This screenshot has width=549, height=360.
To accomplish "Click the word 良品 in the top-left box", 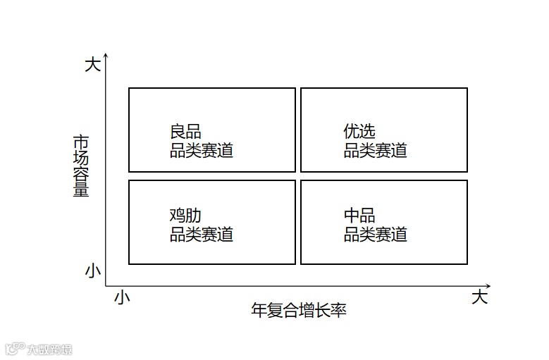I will pos(185,132).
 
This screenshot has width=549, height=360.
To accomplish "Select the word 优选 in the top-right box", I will pos(359,132).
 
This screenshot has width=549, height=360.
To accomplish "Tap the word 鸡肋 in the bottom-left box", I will pos(185,216).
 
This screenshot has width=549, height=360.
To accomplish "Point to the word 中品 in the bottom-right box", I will pos(359,216).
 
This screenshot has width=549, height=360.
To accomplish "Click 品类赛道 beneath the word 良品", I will pos(202,150).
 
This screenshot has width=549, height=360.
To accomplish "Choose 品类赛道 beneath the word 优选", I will pos(376,150).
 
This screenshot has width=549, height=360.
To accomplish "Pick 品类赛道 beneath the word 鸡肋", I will pos(202,234).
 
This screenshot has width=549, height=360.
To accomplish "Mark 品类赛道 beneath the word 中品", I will pos(376,234).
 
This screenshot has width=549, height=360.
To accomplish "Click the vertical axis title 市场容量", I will pos(81,166).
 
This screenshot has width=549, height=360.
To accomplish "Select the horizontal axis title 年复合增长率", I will pos(299,310).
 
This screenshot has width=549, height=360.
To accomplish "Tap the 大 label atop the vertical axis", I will pos(92,65).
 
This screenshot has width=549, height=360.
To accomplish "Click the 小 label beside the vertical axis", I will pos(92,270).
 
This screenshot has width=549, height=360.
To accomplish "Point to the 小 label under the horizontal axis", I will pos(122,298).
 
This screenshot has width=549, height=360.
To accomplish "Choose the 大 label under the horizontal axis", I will pos(479,297).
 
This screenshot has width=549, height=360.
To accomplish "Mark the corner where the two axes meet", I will pos(106,285).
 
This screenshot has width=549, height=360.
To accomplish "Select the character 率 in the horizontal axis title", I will pos(338,310).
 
